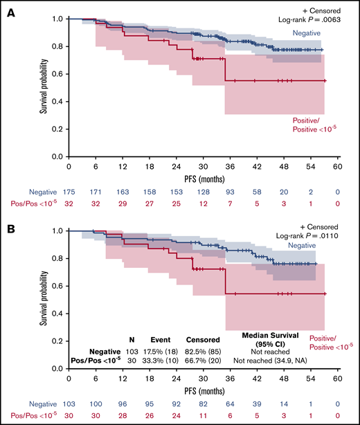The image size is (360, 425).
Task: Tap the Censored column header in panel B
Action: pos(203,341)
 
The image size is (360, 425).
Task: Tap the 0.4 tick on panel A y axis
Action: pos(58,102)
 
